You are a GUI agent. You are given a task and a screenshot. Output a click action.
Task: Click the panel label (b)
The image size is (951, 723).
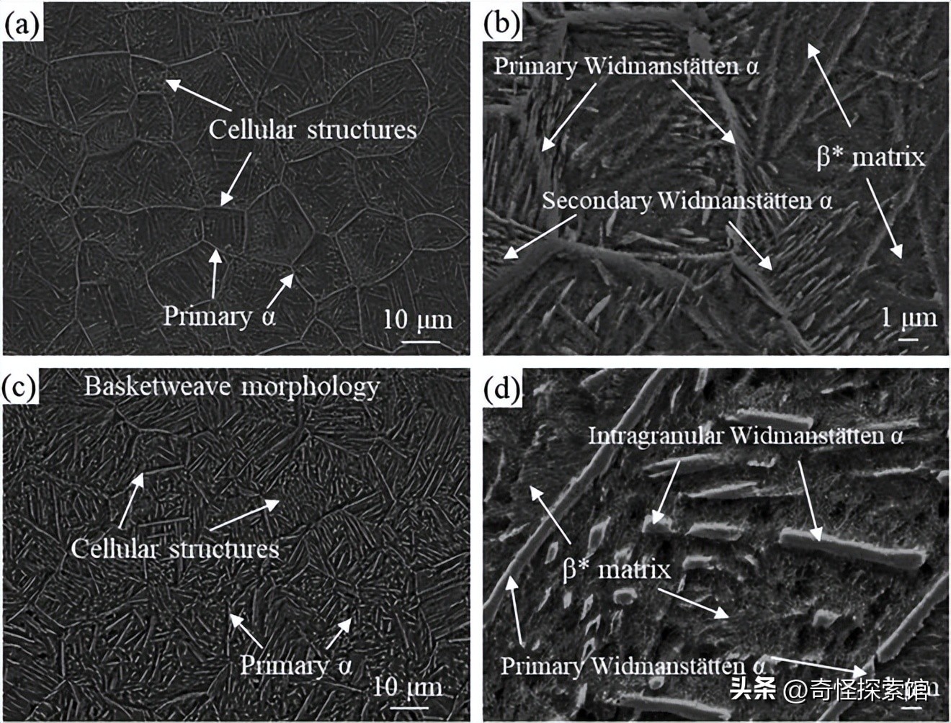501,24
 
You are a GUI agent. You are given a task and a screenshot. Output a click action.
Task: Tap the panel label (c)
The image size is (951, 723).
20,387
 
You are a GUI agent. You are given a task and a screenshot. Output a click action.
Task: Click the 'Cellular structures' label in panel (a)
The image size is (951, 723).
313,130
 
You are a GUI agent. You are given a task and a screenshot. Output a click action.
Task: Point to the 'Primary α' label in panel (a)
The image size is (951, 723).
219,315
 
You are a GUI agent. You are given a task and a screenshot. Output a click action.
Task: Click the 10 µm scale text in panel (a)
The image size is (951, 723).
417,318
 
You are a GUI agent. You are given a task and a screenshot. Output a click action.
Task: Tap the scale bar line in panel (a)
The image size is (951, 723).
420,341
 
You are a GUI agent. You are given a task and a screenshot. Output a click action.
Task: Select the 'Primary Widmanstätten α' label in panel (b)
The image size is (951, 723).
625,66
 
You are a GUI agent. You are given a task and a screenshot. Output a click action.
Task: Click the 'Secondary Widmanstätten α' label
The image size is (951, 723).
687,200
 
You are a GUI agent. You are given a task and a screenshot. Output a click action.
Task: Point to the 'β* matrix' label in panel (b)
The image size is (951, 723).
870,156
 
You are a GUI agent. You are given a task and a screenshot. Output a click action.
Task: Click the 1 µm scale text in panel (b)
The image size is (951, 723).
909,317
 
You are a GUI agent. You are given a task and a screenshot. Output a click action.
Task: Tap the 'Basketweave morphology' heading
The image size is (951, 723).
231,387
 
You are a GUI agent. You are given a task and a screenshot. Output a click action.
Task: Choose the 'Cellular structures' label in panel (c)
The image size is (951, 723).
175,549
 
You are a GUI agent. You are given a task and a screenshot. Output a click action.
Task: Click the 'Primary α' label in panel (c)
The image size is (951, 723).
295,664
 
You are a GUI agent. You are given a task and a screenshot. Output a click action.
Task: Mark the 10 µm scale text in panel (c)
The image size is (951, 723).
407,686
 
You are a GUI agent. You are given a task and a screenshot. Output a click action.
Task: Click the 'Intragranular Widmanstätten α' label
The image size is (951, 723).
746,435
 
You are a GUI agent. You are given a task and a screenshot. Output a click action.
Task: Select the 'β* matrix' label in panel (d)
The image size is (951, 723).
616,570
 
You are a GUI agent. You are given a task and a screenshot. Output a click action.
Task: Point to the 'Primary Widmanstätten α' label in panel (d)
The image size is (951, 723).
633,665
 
